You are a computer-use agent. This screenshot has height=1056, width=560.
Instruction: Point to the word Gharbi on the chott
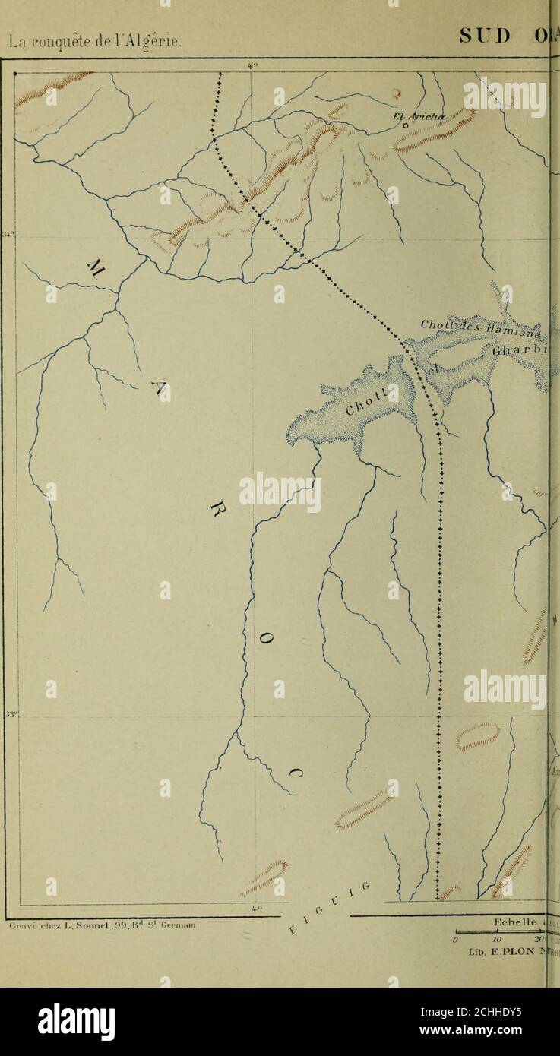(x=523, y=351)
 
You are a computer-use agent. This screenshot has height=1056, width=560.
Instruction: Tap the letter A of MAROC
(x=160, y=389)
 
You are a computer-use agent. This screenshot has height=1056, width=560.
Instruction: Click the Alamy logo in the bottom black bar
(x=76, y=1020)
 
